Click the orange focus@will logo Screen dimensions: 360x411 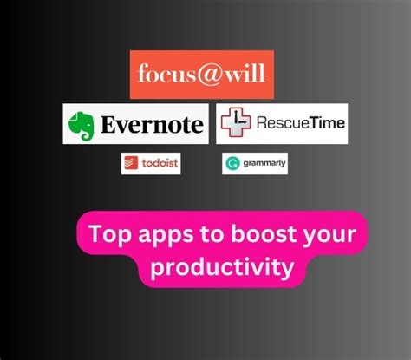coord(202,75)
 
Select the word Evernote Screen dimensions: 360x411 coord(151,123)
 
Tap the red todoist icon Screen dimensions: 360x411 coord(132,162)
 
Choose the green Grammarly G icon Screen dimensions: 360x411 coord(232,162)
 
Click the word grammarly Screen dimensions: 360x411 coord(263,162)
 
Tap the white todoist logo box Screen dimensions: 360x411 coord(150,162)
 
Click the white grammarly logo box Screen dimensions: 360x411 coord(255,162)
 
